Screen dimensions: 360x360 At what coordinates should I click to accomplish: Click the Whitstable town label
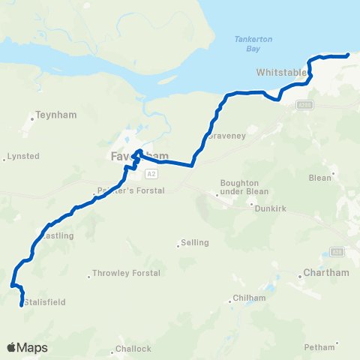pyautogui.click(x=282, y=73)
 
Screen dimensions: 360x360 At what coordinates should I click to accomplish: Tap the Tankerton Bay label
pyautogui.click(x=238, y=44)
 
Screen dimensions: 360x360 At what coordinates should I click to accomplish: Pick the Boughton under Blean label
pyautogui.click(x=244, y=187)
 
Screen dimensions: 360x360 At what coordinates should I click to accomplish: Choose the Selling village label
pyautogui.click(x=194, y=243)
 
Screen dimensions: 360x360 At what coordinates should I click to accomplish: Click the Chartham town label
pyautogui.click(x=326, y=273)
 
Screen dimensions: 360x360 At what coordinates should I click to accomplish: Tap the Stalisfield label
pyautogui.click(x=45, y=302)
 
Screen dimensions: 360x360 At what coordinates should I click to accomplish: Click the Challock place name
pyautogui.click(x=133, y=349)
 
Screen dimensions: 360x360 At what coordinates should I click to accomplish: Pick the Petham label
pyautogui.click(x=319, y=347)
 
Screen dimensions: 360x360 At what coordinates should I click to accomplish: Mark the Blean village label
pyautogui.click(x=319, y=178)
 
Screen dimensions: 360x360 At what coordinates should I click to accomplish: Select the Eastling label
pyautogui.click(x=58, y=235)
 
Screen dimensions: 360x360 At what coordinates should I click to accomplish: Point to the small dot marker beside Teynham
pyautogui.click(x=34, y=118)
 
